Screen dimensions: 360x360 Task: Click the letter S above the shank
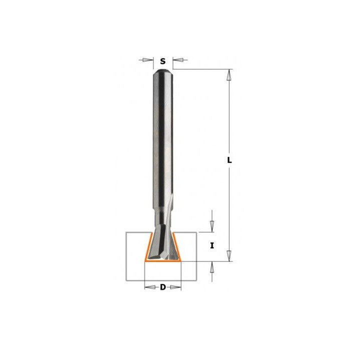point(163,61)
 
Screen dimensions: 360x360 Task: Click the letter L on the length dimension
point(229,160)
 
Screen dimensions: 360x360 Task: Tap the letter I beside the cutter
point(212,246)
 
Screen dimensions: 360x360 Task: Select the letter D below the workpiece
point(163,287)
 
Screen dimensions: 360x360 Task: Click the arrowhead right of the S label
point(178,60)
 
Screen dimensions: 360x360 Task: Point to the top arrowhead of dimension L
point(229,74)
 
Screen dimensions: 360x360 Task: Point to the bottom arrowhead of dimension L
point(229,256)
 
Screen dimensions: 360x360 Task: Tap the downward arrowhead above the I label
point(212,226)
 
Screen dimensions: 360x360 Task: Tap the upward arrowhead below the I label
point(212,267)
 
